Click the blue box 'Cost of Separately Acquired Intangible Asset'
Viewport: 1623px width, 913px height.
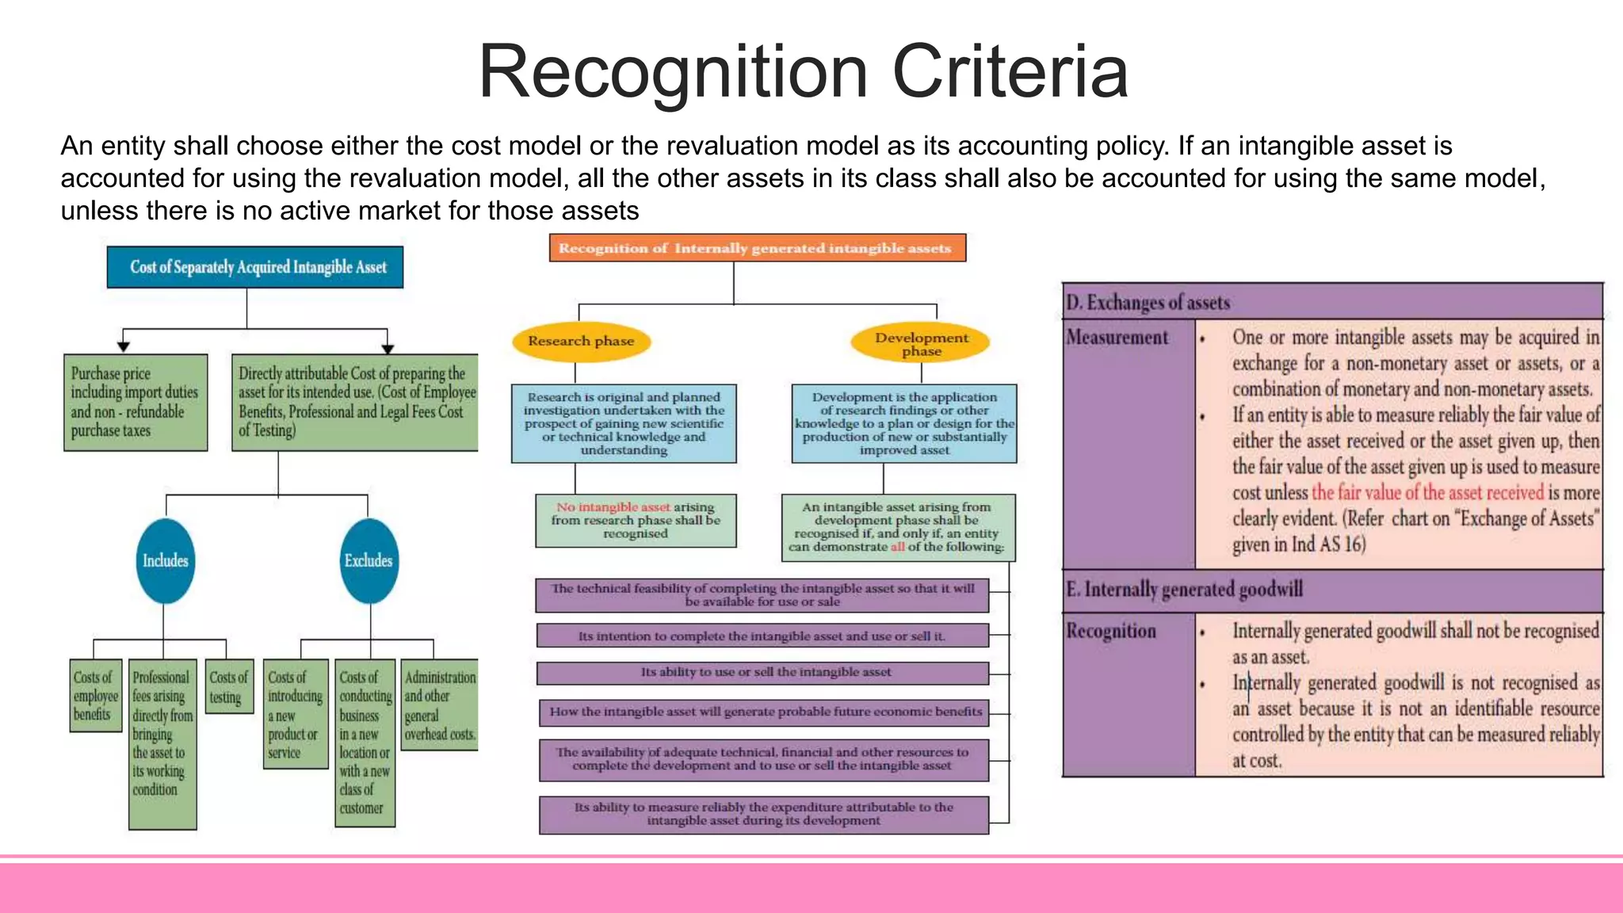click(255, 267)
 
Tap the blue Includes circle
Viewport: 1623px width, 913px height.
click(166, 560)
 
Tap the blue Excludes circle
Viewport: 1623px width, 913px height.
click(369, 560)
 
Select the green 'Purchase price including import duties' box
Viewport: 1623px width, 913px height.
click(136, 403)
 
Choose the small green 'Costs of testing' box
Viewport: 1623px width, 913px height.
click(229, 686)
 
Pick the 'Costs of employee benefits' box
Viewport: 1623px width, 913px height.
click(96, 695)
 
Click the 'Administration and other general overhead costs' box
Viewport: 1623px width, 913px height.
click(439, 705)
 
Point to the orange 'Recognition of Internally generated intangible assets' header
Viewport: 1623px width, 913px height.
click(757, 248)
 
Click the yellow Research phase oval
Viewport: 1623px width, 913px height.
click(581, 341)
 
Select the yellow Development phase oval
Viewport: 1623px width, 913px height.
click(921, 343)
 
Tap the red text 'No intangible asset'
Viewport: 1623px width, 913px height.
click(613, 506)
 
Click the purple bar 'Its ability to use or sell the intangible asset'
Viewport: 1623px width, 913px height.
click(762, 673)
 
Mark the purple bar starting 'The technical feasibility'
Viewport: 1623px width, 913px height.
click(762, 595)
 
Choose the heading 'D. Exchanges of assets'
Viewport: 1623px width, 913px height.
click(1148, 302)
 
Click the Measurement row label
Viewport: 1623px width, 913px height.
click(1117, 338)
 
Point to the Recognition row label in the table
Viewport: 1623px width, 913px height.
click(1111, 631)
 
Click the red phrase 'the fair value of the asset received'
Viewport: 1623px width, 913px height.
click(1427, 492)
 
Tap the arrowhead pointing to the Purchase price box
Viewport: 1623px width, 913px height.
click(123, 346)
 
